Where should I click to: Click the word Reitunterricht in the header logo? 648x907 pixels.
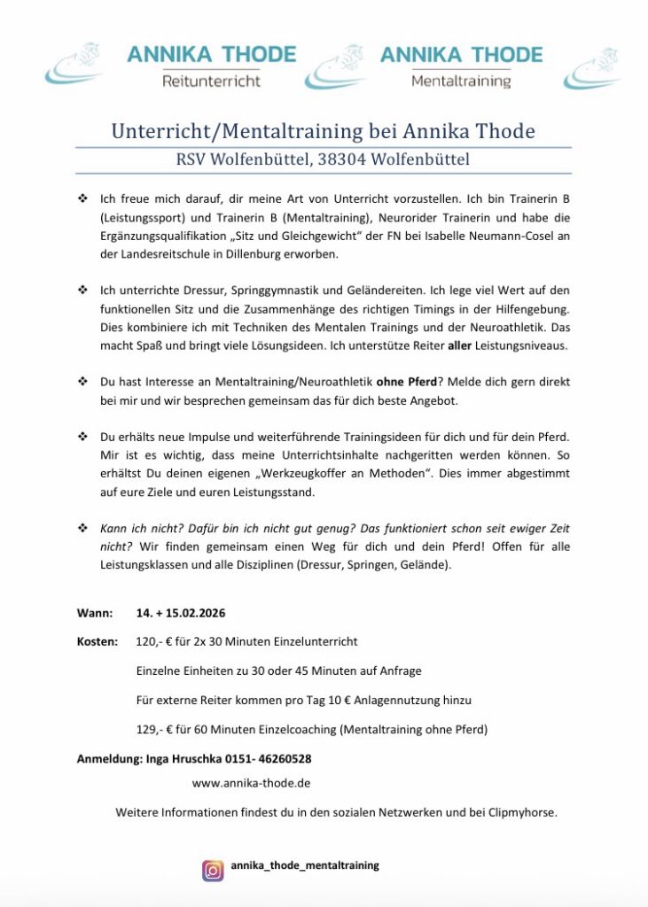[211, 81]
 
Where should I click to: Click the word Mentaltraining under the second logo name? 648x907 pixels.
[461, 81]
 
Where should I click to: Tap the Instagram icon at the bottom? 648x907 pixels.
[213, 870]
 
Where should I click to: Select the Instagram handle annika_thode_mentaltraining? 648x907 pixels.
[305, 865]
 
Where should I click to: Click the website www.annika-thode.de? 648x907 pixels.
[251, 783]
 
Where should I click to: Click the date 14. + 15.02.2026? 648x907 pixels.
[182, 613]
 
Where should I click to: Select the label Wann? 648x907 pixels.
[95, 613]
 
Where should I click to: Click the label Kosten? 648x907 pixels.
[98, 641]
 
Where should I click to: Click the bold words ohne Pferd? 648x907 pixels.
[406, 382]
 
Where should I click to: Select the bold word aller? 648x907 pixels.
[460, 345]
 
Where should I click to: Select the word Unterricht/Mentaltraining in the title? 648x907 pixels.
[235, 132]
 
